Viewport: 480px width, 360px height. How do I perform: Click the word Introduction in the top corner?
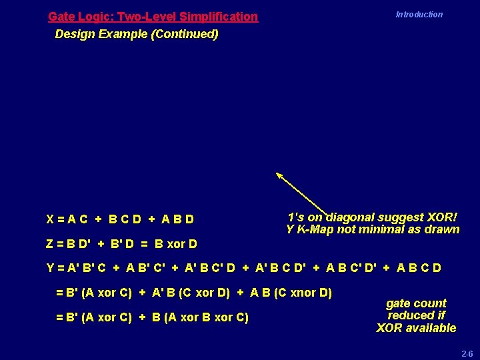[419, 15]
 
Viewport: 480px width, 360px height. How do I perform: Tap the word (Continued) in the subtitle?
[185, 33]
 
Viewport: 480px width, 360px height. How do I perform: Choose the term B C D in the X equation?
[125, 219]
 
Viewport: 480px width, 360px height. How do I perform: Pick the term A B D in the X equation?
[178, 219]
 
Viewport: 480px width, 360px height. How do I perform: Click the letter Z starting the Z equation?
[50, 244]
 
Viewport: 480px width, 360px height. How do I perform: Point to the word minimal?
[382, 229]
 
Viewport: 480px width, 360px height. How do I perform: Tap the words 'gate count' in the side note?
[416, 303]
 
